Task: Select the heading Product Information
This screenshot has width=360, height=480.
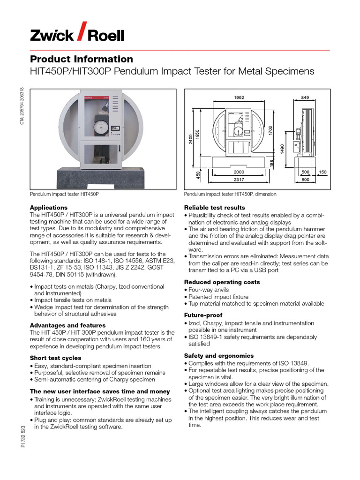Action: pyautogui.click(x=81, y=59)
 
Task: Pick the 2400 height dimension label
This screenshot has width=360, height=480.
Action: pyautogui.click(x=191, y=139)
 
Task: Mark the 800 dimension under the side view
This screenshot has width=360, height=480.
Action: pyautogui.click(x=305, y=179)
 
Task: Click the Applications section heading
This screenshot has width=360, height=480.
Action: pyautogui.click(x=49, y=208)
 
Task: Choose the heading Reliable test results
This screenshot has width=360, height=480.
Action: pyautogui.click(x=214, y=208)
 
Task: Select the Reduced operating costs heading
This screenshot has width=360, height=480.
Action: pyautogui.click(x=222, y=282)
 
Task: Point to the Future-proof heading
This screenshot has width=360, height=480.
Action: pyautogui.click(x=203, y=315)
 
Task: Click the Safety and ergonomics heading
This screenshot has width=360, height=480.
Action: pyautogui.click(x=218, y=356)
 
